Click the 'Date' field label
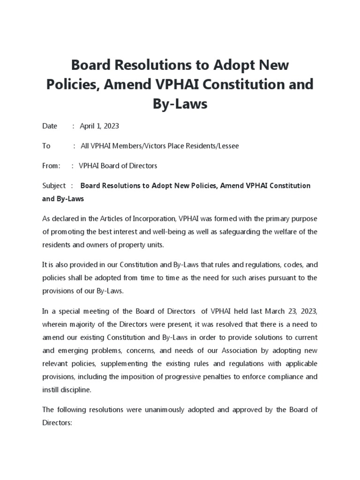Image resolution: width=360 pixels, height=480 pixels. point(50,126)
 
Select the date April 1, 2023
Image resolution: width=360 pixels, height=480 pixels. point(99,126)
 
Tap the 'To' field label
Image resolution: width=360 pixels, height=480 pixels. point(46,146)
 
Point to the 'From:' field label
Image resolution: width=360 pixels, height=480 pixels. point(51,165)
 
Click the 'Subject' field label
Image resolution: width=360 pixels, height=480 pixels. point(54,186)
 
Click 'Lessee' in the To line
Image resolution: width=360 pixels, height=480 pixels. point(227,146)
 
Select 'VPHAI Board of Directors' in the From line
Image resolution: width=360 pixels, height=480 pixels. point(118,165)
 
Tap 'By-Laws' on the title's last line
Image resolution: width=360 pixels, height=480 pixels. point(180,104)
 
